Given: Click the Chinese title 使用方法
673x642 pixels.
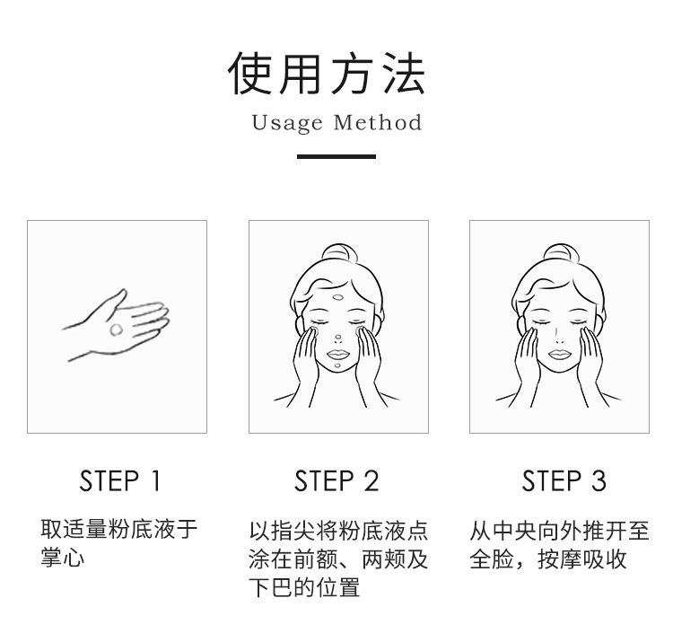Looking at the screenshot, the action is click(x=327, y=73).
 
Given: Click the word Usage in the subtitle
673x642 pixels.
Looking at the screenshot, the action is click(x=287, y=123).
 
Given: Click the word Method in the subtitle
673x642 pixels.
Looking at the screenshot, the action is click(x=378, y=122).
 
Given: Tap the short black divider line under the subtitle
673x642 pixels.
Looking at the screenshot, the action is click(x=336, y=157).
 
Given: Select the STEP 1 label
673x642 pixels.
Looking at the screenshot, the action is click(x=119, y=480).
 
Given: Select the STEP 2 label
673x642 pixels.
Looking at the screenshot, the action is click(x=336, y=480).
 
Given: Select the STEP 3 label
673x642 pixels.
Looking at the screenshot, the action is click(x=564, y=480).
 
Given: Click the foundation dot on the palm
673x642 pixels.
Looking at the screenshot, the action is click(x=117, y=330).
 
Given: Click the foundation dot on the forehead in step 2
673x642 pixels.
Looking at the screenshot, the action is click(x=338, y=296).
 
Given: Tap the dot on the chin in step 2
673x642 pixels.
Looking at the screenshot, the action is click(x=337, y=365).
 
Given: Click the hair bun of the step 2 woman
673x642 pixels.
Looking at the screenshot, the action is click(x=339, y=252).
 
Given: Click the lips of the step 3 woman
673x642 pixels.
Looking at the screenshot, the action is click(x=559, y=355).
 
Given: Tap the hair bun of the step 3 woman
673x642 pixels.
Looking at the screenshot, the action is click(x=561, y=252).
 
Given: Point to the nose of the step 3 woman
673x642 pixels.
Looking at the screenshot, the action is click(x=558, y=335).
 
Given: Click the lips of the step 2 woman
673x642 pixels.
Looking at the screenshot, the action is click(x=338, y=355).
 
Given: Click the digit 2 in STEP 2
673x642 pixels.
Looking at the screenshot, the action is click(x=371, y=480).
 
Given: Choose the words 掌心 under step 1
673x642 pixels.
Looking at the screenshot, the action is click(x=63, y=557).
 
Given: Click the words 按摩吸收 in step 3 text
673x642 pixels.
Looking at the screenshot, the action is click(x=582, y=558).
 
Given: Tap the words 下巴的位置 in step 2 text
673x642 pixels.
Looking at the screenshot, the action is click(x=304, y=587).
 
